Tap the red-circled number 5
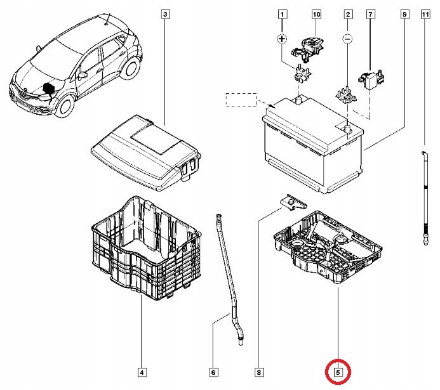[338, 372]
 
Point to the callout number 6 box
[213, 372]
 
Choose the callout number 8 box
[259, 372]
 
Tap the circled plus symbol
[283, 39]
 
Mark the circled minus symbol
[347, 39]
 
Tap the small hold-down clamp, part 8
[293, 203]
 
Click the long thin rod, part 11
[424, 197]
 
